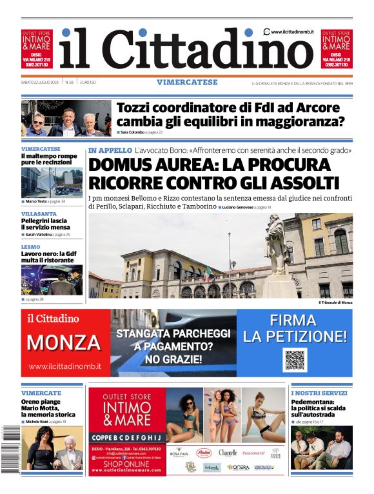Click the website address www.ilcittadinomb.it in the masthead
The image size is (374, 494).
tap(292, 31)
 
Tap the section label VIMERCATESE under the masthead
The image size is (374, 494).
tap(187, 83)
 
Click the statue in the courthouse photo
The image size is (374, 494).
tap(277, 248)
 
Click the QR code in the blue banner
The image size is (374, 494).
tap(294, 360)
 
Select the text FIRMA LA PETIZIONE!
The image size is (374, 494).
tap(295, 328)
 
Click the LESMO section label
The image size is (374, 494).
tap(30, 246)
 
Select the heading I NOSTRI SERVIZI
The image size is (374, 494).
tap(319, 393)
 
